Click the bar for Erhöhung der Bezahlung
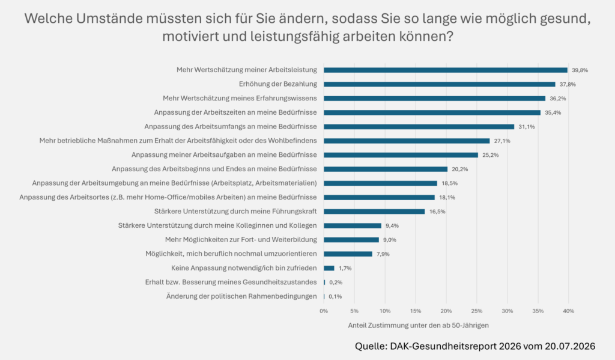pos(439,84)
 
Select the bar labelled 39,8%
pos(446,70)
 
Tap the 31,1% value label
pos(526,127)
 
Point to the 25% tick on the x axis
pos(476,311)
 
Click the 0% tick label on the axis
pos(324,311)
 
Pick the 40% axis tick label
pos(568,311)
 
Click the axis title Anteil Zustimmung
pos(419,326)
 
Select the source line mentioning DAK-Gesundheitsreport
pos(475,346)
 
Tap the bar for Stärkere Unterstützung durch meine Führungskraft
pos(374,212)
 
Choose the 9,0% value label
pos(389,240)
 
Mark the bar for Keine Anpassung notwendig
pos(329,268)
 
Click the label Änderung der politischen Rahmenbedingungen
pos(241,296)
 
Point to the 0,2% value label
pos(336,282)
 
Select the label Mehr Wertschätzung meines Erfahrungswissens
pos(240,98)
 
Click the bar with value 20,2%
pos(386,169)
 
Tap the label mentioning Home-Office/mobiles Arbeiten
pos(168,197)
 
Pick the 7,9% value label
pos(383,254)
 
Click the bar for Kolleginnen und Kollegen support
pos(353,226)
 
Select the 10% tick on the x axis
pos(385,311)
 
